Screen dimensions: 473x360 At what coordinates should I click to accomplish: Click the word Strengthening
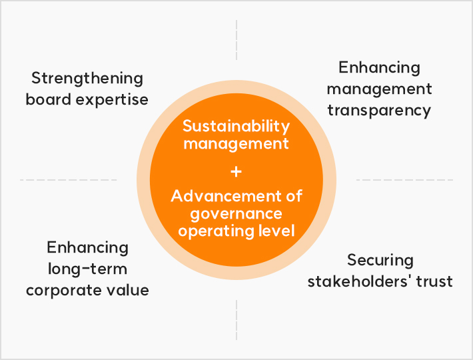tap(87, 79)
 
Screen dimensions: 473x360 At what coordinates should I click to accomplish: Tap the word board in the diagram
tap(48, 99)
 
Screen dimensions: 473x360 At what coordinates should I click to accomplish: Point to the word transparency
tap(379, 111)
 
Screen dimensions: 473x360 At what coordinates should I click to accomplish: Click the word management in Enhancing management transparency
tap(380, 89)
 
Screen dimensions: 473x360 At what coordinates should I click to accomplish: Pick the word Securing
tap(380, 261)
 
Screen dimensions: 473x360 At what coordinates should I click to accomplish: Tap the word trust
tap(434, 282)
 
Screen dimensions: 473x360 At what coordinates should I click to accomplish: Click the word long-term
tap(87, 269)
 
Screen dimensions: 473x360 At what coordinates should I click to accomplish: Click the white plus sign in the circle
tap(236, 172)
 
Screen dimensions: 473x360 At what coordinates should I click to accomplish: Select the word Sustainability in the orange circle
tap(236, 127)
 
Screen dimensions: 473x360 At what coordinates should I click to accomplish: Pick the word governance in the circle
tap(236, 215)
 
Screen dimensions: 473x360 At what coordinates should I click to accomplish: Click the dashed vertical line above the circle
tap(236, 40)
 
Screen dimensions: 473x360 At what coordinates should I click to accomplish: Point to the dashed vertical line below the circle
tap(236, 320)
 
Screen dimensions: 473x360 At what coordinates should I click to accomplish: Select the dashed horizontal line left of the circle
tap(68, 180)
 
